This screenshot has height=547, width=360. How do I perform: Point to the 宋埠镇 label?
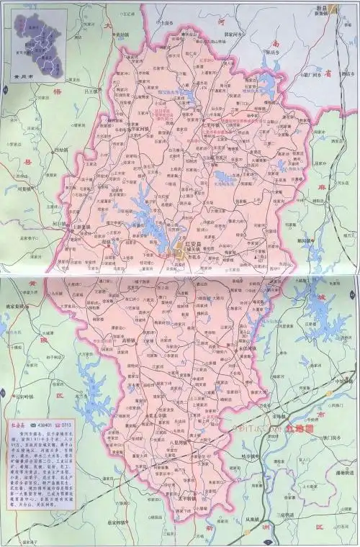click(280, 416)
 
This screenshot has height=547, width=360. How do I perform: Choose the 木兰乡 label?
click(80, 396)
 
